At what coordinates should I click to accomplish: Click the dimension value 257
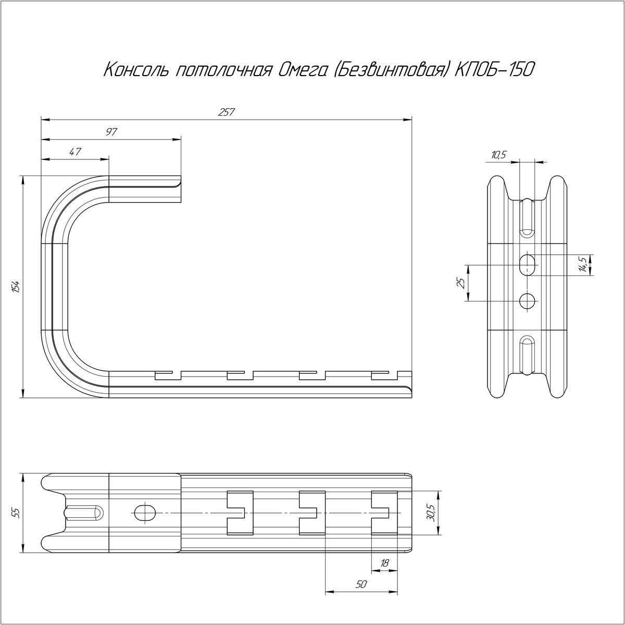tap(227, 112)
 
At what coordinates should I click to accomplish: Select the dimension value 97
tap(111, 132)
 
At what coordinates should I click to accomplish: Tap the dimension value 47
tap(75, 152)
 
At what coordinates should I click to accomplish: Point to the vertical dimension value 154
tap(16, 286)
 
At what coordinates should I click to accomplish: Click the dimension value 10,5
tap(498, 155)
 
